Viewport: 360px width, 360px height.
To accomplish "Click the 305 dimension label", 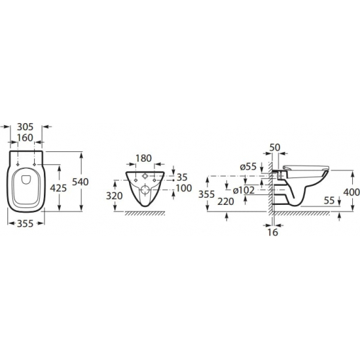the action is click(26, 126).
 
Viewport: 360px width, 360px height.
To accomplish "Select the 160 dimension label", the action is click(26, 137).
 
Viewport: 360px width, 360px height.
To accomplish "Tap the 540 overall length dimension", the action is click(81, 182).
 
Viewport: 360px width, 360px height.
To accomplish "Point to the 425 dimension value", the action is click(58, 189).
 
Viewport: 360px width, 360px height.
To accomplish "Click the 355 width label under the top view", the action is click(26, 224).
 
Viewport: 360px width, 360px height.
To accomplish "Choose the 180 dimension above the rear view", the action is click(144, 158).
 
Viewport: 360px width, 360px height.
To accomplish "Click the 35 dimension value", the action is click(182, 177).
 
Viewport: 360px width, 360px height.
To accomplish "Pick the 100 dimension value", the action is click(184, 189).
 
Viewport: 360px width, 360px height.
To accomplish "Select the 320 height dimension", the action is click(115, 196).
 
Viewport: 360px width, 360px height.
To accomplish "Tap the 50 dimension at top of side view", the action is click(275, 147).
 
